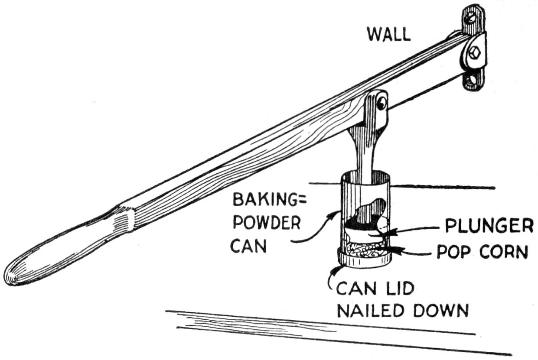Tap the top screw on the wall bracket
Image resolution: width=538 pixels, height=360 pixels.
(x=471, y=17)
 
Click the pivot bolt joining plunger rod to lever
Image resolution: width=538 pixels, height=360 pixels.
(x=381, y=103)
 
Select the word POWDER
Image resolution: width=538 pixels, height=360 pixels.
(x=266, y=224)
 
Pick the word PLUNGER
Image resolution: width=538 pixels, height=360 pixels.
(x=487, y=227)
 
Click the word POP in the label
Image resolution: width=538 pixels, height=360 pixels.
(x=452, y=253)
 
